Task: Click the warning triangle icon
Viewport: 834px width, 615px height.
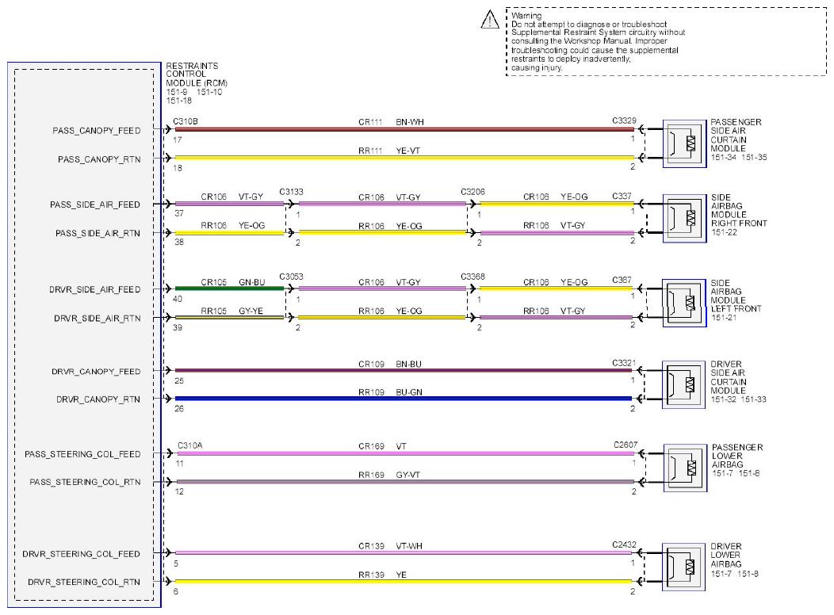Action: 490,20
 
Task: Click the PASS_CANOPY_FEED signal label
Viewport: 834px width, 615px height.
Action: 96,131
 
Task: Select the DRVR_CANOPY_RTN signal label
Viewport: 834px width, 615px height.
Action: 98,399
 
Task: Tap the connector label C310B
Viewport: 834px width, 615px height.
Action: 185,121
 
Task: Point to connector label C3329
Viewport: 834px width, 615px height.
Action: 624,120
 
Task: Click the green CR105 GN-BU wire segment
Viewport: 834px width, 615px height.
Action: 229,288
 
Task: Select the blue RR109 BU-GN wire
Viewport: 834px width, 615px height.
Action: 404,398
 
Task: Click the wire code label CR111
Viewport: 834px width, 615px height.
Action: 370,122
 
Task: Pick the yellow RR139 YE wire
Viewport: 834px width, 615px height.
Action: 404,582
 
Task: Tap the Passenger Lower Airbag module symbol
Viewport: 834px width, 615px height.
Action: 685,468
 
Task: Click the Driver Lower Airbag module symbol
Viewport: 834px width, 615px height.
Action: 683,567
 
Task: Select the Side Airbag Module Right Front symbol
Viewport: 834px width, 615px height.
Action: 684,219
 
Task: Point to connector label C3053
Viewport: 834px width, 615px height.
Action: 291,277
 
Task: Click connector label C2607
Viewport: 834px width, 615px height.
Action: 625,445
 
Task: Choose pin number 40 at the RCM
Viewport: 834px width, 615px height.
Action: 178,299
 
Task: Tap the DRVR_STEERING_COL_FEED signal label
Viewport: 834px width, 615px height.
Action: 82,554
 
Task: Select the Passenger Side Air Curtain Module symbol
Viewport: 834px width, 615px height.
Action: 684,143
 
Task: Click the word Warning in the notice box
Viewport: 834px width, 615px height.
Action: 526,15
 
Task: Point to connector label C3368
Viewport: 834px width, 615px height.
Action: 472,277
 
